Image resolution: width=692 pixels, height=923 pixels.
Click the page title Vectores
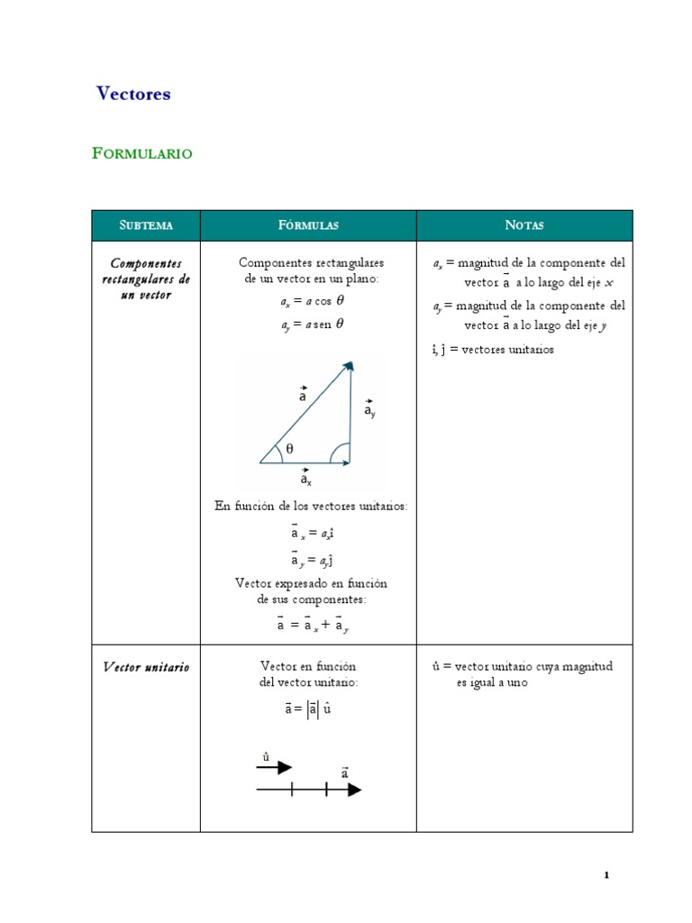tap(133, 94)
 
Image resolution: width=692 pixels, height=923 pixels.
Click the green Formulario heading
tap(142, 153)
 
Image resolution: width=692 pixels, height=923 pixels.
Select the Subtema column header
tap(146, 225)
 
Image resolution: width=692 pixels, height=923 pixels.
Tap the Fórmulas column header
tap(308, 225)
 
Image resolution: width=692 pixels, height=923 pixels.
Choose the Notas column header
tap(524, 225)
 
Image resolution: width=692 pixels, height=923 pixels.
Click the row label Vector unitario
tap(146, 667)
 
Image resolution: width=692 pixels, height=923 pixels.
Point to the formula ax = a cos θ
tap(312, 302)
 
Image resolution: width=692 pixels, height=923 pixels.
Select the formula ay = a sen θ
tap(312, 324)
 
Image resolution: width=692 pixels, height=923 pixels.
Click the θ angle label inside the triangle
tap(290, 448)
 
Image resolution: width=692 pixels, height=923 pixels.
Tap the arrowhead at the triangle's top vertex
tap(349, 365)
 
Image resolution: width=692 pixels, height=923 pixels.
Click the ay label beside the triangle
tap(370, 410)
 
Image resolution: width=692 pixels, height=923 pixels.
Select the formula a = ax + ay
tap(312, 624)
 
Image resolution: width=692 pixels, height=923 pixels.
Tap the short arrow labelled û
tap(274, 767)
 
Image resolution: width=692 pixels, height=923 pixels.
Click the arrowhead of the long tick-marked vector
tap(354, 790)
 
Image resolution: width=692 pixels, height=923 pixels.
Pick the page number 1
tap(607, 875)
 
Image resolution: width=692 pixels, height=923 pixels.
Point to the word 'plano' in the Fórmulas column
tap(360, 279)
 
